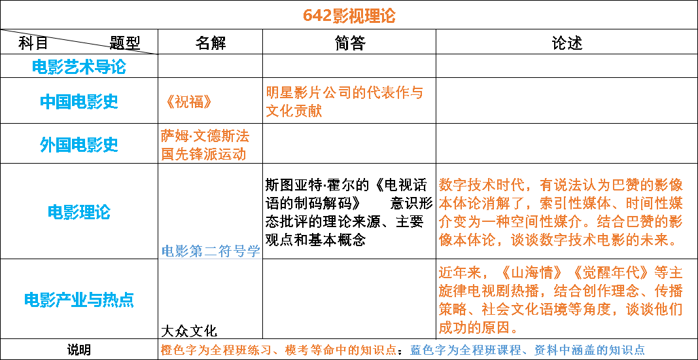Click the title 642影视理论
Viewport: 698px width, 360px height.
(349, 16)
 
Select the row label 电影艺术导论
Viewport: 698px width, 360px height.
(79, 67)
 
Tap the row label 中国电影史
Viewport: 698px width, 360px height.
(79, 101)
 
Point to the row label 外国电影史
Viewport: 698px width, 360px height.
(79, 145)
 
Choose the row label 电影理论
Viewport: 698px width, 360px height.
(79, 212)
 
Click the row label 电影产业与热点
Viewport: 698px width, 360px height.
(79, 300)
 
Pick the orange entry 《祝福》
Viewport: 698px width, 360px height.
(189, 102)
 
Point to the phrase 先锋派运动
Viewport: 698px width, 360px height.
(211, 154)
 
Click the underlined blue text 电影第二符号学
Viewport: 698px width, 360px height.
(211, 251)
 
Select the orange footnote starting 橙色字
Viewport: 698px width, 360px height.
(279, 350)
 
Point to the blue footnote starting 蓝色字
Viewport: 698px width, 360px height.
(527, 350)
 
